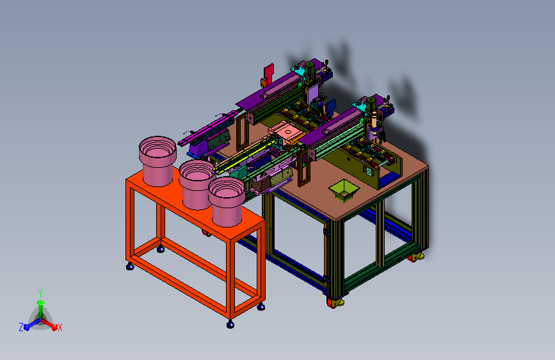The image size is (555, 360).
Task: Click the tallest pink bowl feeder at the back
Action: [x=157, y=161]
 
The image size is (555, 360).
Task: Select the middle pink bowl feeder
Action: [x=197, y=184]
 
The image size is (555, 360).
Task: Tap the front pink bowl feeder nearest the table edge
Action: [x=227, y=202]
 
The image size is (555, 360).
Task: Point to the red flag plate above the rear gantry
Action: [x=269, y=72]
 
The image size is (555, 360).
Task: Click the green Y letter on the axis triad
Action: [x=40, y=293]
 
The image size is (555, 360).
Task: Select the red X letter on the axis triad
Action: [x=60, y=328]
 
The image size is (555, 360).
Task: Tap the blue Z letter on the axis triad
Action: [x=21, y=327]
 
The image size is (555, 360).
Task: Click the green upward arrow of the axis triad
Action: [x=41, y=308]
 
